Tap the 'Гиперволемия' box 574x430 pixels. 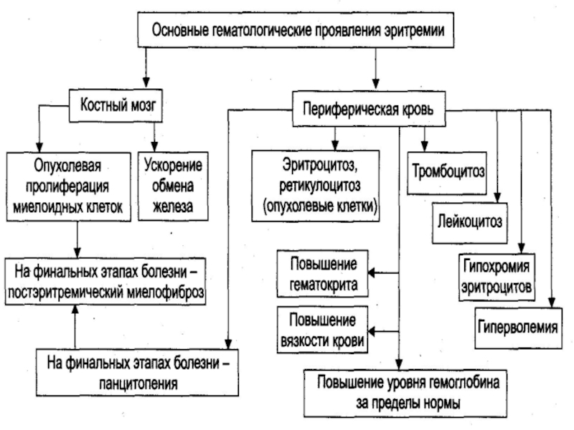click(x=517, y=328)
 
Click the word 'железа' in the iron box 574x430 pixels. click(x=173, y=208)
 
